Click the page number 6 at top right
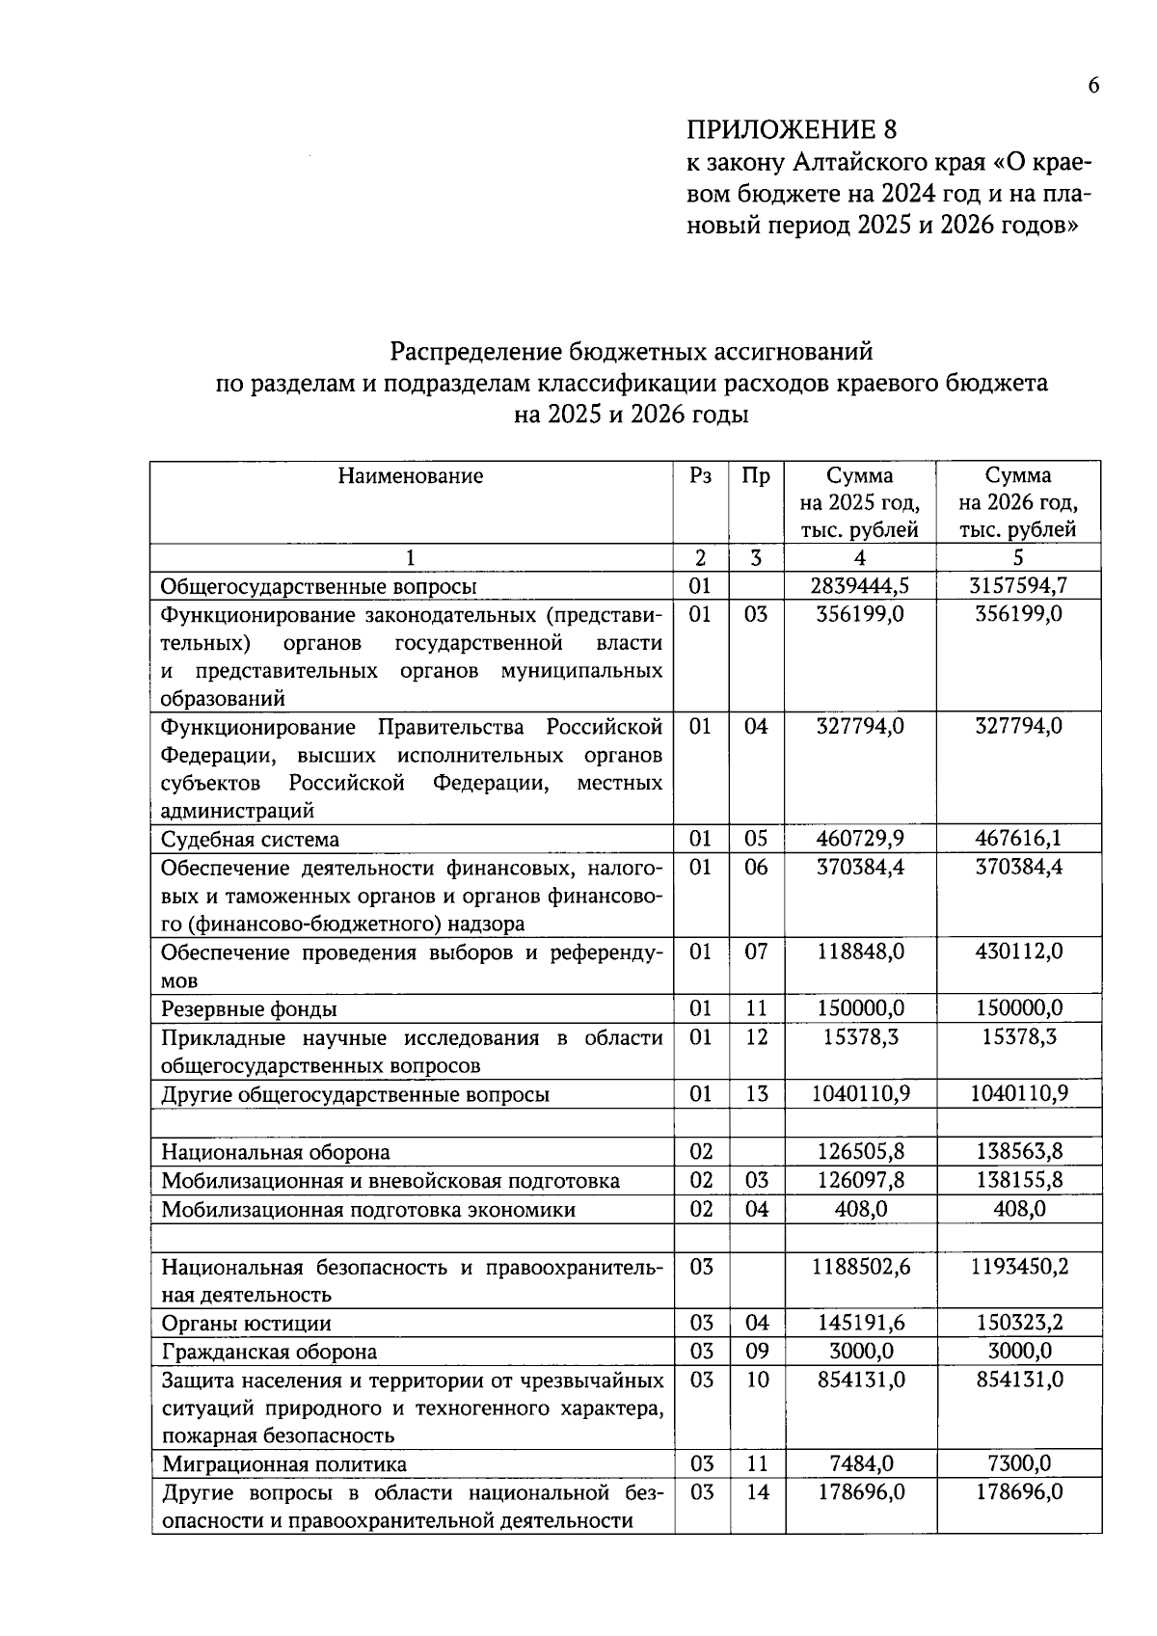(1092, 86)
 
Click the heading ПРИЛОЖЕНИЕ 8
(791, 130)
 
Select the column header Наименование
(411, 476)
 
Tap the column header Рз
(701, 476)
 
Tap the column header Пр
(756, 476)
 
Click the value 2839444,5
(860, 586)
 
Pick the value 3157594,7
(1018, 586)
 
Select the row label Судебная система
(250, 840)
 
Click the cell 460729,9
(860, 839)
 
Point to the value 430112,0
(1018, 952)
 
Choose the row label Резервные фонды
(249, 1009)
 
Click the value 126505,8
(860, 1152)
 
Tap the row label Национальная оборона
(276, 1153)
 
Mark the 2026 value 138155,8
(1018, 1181)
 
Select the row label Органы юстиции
(246, 1324)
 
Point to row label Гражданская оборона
(269, 1353)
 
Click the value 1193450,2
(1018, 1267)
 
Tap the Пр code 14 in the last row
(757, 1492)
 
